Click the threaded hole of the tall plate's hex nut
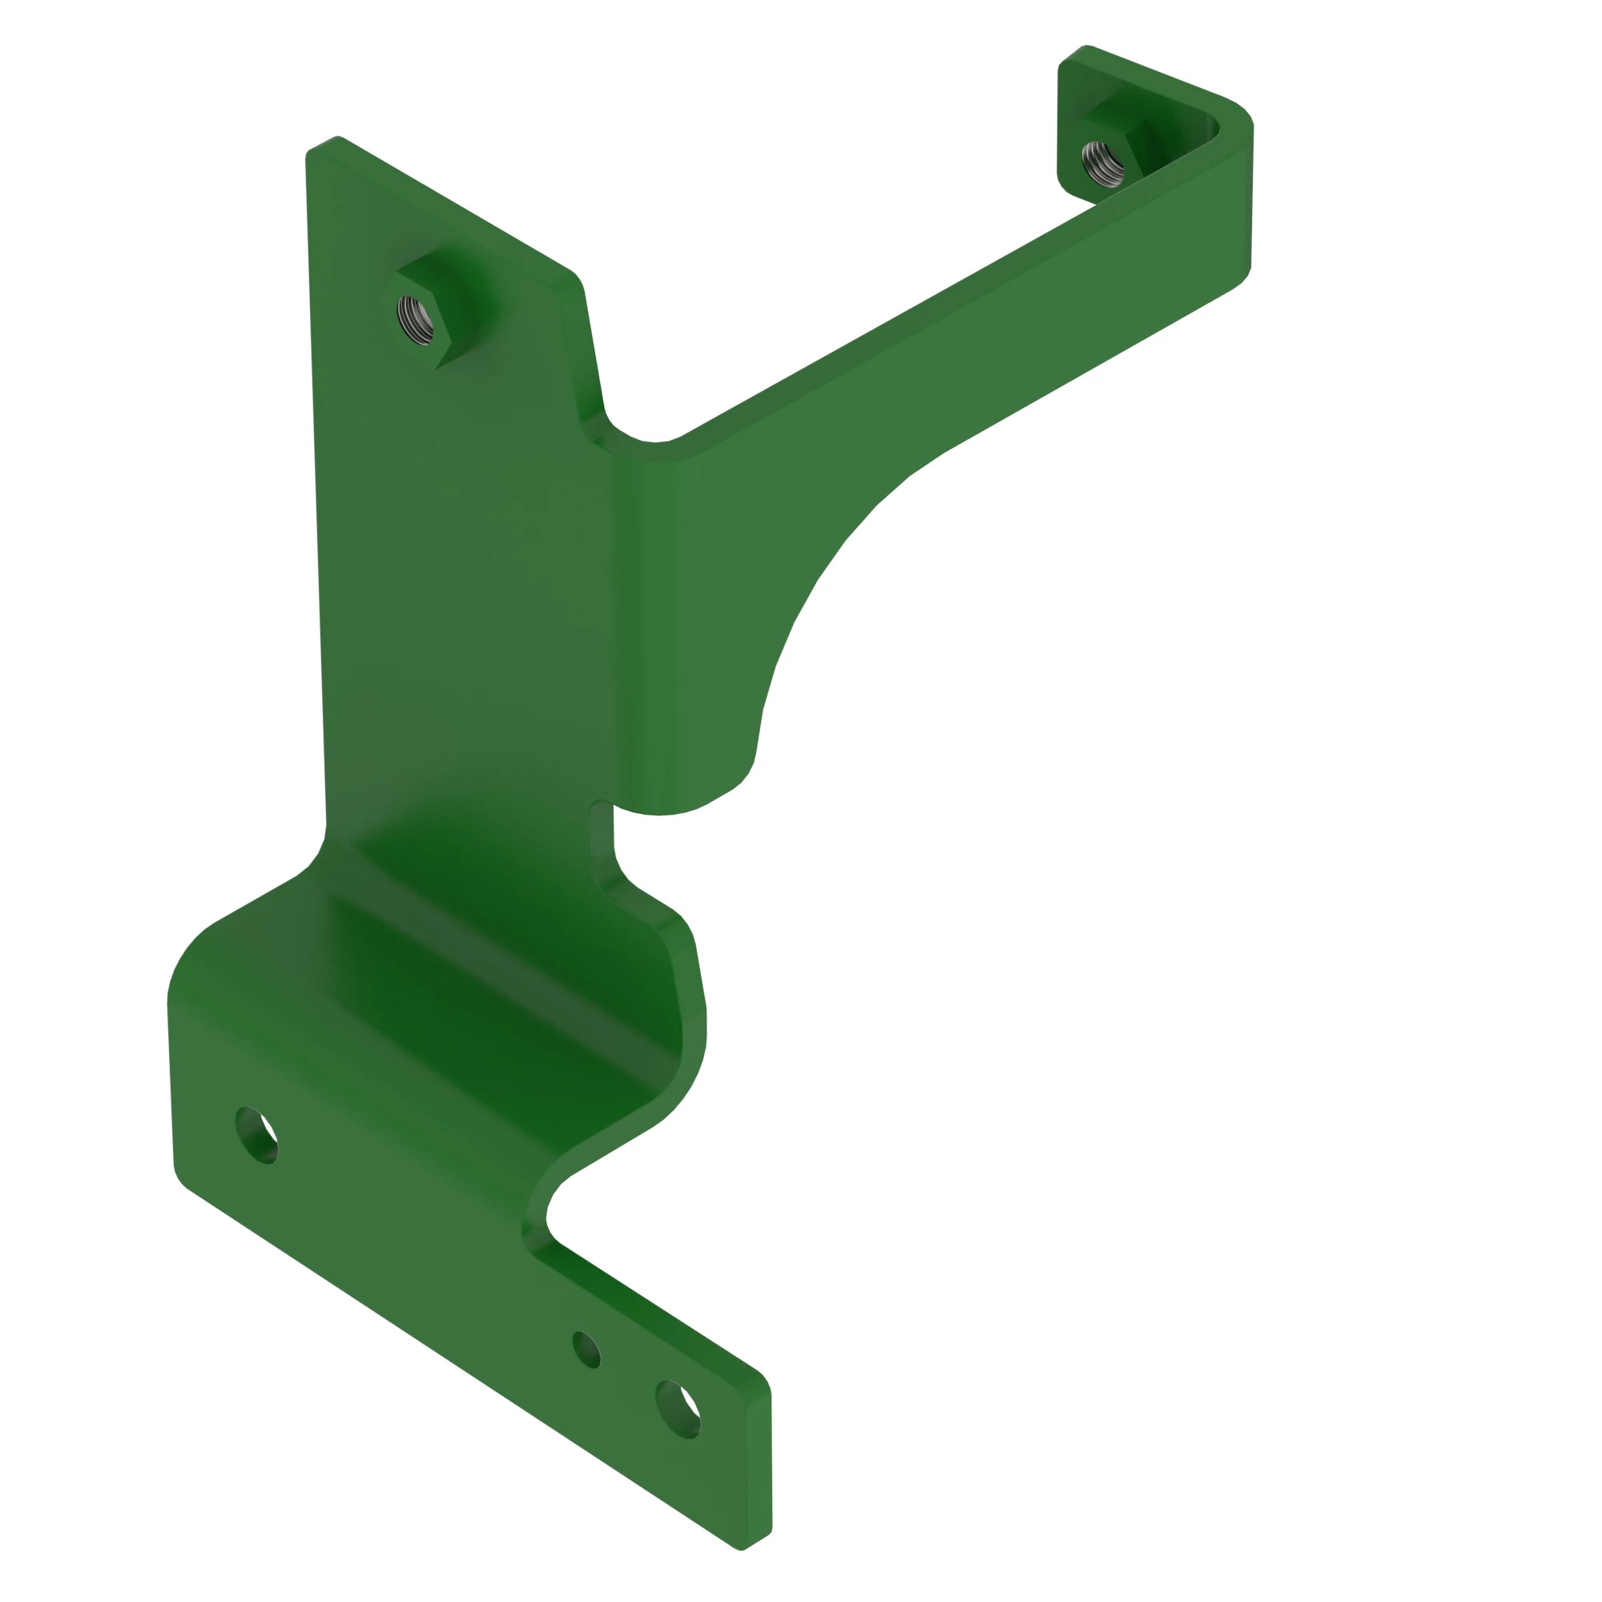416,320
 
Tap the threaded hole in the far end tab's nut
1104,163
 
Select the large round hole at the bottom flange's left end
257,1135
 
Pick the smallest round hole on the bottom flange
587,1350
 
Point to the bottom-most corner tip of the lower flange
740,1549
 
